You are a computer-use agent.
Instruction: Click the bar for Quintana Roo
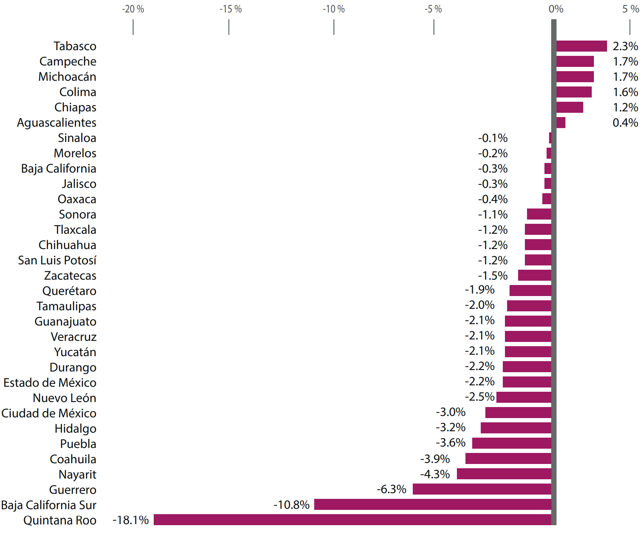[352, 519]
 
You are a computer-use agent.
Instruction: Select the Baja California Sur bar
[432, 504]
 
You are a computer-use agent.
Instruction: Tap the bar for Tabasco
[581, 46]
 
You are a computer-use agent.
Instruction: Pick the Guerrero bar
[482, 489]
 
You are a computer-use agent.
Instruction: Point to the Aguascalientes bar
[561, 123]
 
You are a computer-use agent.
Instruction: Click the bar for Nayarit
[504, 474]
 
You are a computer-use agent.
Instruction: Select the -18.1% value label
[131, 520]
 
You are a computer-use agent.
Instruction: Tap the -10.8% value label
[291, 505]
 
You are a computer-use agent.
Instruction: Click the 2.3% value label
[625, 46]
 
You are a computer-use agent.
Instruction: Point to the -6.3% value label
[391, 489]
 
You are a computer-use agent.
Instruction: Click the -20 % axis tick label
[133, 9]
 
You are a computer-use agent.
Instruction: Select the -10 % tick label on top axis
[334, 9]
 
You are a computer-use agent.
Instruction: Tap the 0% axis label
[556, 9]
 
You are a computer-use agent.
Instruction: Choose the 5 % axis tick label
[631, 9]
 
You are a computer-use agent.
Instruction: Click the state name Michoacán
[67, 77]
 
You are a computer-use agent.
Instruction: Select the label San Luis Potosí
[57, 260]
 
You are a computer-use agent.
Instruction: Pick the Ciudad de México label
[49, 413]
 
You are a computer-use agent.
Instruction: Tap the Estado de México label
[50, 383]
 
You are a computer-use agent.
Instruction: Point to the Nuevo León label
[64, 398]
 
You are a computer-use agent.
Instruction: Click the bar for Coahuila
[508, 458]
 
